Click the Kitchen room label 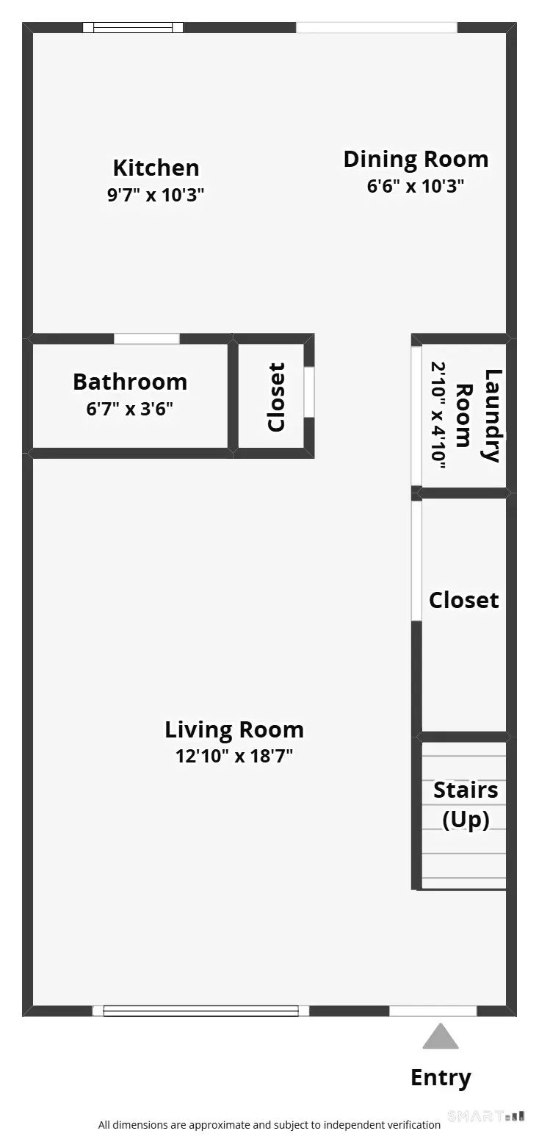(156, 168)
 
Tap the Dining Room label (416, 160)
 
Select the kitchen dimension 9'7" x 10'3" (156, 196)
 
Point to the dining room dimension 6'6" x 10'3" (416, 186)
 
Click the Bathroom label (130, 382)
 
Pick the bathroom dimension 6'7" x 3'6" (130, 409)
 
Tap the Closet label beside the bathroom (276, 397)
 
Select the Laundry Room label (478, 415)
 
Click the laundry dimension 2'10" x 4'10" (438, 415)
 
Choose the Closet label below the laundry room (464, 600)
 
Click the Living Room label (234, 729)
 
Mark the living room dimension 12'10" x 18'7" (234, 756)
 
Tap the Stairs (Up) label (466, 804)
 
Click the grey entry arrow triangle (441, 1037)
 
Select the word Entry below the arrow (441, 1078)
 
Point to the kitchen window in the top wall (133, 28)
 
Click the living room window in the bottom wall (200, 1011)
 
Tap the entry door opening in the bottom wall (433, 1011)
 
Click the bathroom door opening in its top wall (147, 339)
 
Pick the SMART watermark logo (485, 1116)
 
